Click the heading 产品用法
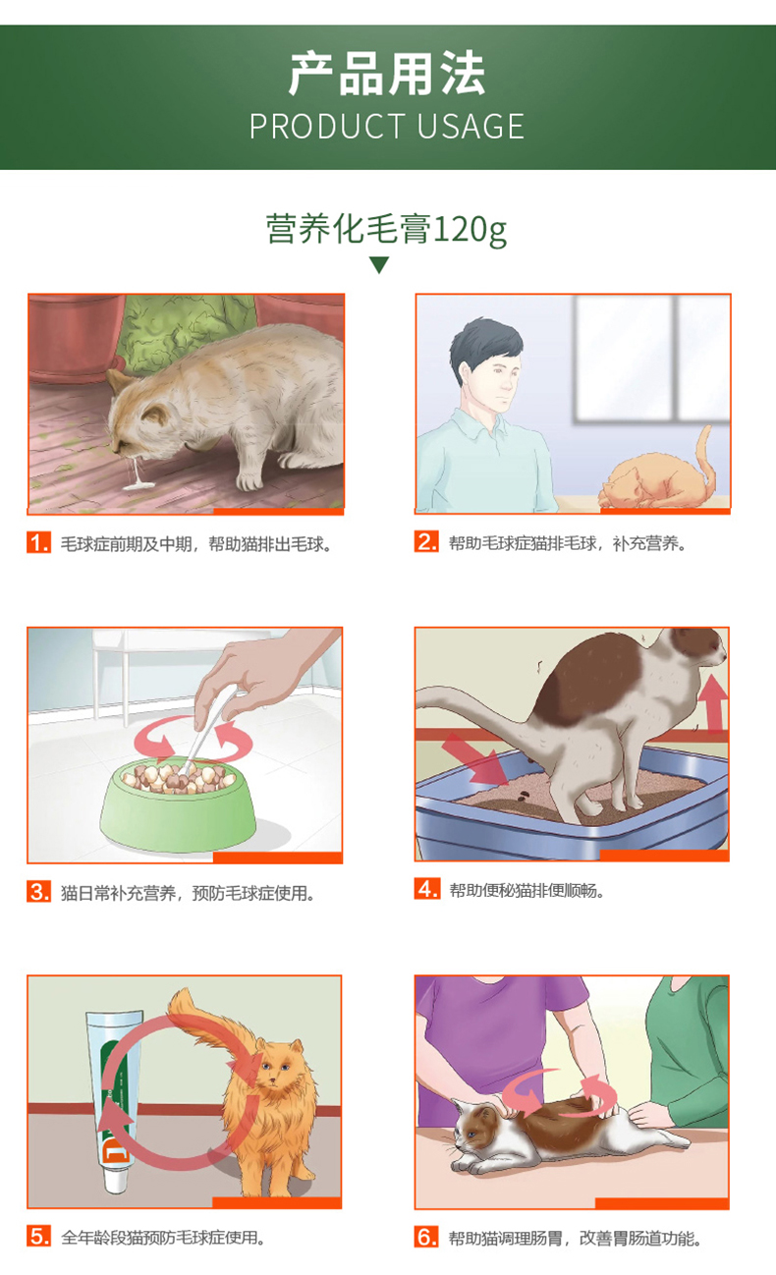(387, 74)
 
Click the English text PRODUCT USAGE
(387, 126)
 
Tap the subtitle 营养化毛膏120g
(387, 230)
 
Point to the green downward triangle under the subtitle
(379, 264)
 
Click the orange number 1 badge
(38, 542)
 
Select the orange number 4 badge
(427, 889)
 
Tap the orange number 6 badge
(427, 1237)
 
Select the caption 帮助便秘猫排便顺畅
(527, 890)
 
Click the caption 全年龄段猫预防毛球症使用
(163, 1238)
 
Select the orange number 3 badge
(38, 891)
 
